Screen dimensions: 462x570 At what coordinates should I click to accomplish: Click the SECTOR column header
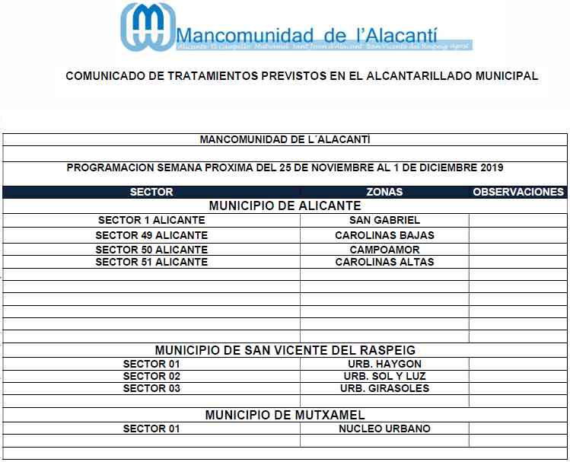tap(151, 192)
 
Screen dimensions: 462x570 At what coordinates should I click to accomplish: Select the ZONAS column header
tap(384, 192)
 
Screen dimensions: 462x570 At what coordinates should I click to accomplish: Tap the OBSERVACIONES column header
tap(518, 192)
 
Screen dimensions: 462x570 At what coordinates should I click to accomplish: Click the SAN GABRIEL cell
tap(384, 221)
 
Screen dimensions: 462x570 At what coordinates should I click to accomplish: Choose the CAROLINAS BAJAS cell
tap(384, 235)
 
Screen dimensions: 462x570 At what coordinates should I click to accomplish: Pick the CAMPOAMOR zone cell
tap(384, 249)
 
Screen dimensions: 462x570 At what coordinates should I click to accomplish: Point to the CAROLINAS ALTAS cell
tap(384, 262)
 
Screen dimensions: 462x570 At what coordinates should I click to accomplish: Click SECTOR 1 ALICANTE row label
tap(151, 221)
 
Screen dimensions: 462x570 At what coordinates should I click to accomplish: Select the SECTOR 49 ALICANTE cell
tap(151, 235)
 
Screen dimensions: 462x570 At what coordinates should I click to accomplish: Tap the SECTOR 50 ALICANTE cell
tap(151, 249)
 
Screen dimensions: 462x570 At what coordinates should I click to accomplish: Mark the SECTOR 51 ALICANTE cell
tap(151, 262)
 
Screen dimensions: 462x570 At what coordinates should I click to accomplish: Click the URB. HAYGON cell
tap(384, 364)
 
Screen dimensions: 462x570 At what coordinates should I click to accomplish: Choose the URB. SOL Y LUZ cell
tap(384, 376)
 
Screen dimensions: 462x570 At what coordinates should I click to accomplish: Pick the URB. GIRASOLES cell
tap(384, 388)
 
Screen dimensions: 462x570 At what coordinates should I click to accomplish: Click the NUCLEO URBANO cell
tap(384, 429)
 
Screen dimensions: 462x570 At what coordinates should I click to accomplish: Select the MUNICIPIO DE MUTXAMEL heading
tap(285, 416)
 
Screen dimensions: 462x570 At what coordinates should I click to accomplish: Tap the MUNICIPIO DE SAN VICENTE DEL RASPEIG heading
tap(285, 351)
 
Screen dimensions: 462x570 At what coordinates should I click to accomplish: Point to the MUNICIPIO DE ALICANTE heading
tap(285, 206)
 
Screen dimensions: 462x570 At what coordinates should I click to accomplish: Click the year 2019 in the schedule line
tap(490, 167)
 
